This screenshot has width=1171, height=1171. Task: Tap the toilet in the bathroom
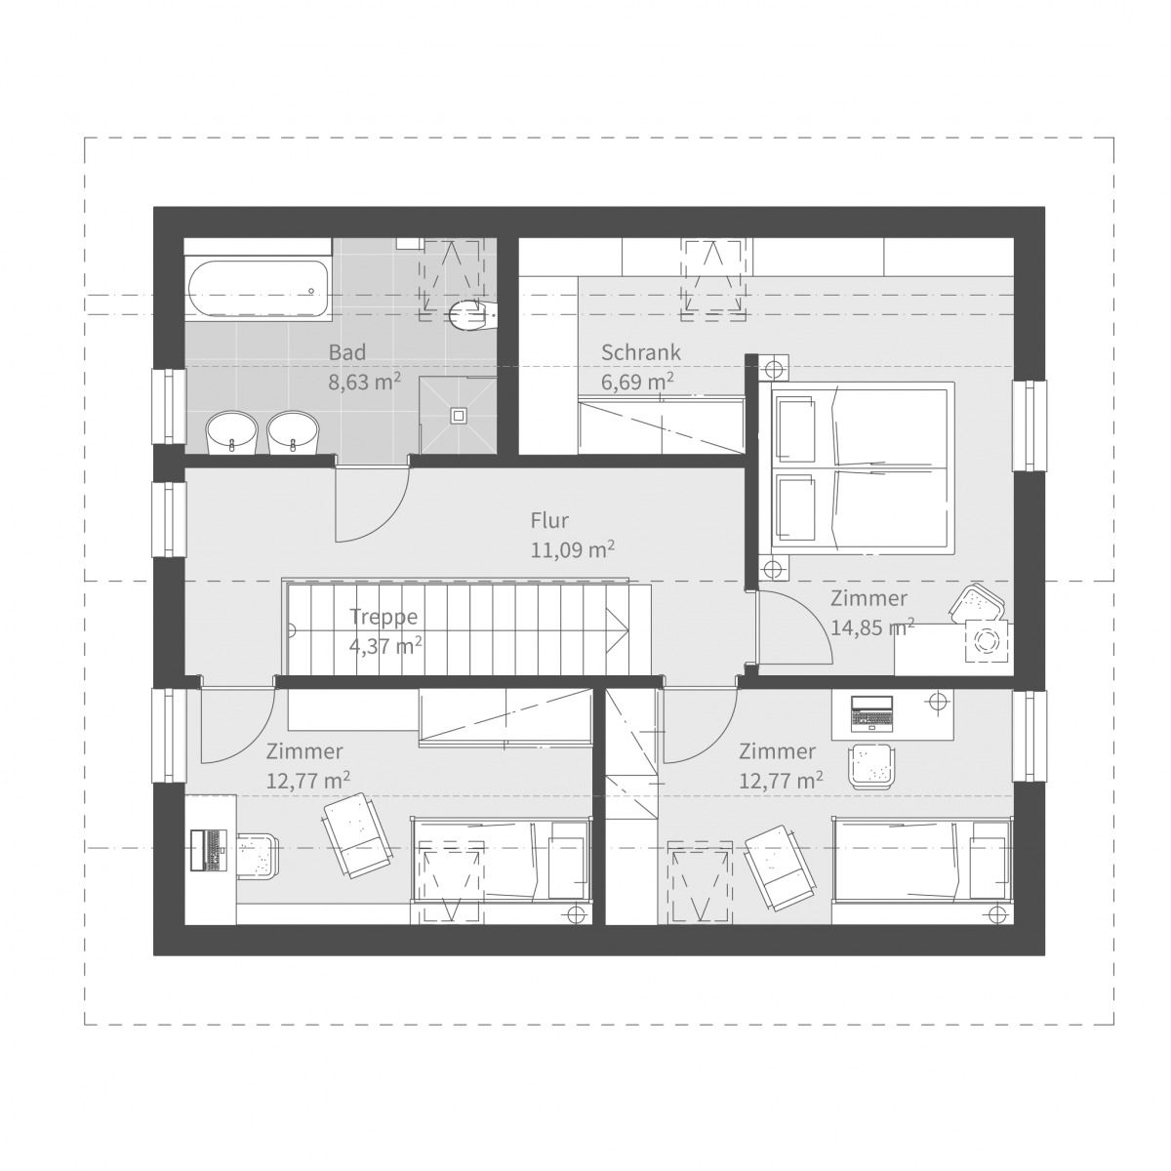(468, 312)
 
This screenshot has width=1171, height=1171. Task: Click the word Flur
(549, 520)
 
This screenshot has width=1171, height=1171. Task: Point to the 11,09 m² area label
(572, 549)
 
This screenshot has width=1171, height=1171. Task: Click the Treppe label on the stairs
(384, 617)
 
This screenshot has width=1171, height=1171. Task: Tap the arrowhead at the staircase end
(616, 629)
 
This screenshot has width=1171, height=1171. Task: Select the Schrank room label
(640, 352)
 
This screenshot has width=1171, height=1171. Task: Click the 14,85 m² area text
(871, 627)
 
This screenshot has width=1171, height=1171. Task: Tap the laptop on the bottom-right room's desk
(871, 713)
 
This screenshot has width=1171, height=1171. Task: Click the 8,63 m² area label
(364, 382)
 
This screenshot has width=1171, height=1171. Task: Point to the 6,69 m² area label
(638, 382)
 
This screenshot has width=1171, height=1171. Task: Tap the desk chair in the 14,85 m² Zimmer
(976, 603)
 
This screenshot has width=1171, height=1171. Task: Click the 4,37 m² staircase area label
(384, 645)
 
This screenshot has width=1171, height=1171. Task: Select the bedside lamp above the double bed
(774, 370)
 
